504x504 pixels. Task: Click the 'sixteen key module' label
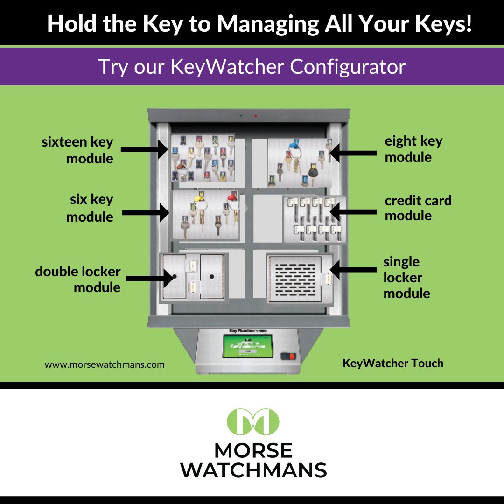click(x=77, y=150)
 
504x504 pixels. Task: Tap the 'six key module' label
click(x=90, y=208)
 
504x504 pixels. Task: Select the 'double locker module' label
click(x=78, y=279)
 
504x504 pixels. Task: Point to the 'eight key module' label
click(x=413, y=149)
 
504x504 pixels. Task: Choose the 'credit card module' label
click(x=418, y=208)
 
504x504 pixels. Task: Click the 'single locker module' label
click(x=406, y=278)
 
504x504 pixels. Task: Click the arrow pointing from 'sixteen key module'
click(x=145, y=150)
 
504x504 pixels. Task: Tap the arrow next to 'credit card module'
click(x=353, y=211)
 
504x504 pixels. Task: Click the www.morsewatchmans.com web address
click(x=105, y=364)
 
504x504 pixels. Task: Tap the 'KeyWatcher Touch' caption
click(x=393, y=363)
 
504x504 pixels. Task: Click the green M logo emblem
click(x=252, y=421)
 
